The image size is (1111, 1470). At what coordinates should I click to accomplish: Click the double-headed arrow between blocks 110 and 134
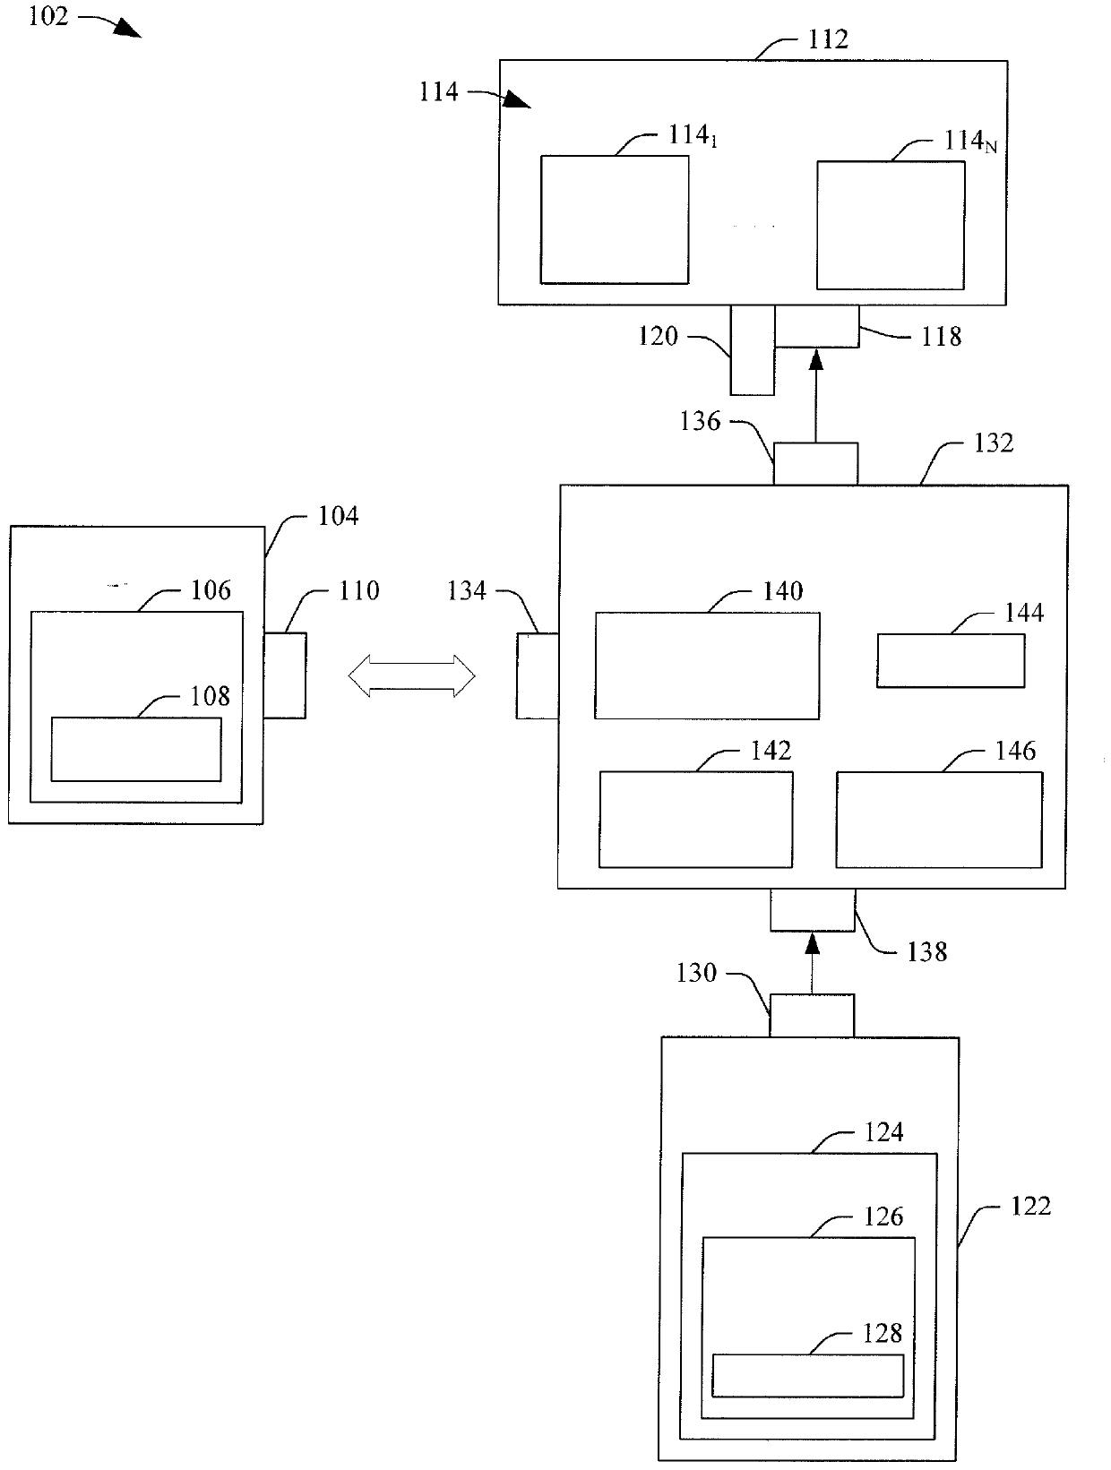pyautogui.click(x=411, y=675)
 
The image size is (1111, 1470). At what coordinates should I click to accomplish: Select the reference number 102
pyautogui.click(x=48, y=16)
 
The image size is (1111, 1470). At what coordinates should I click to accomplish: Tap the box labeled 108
pyautogui.click(x=136, y=749)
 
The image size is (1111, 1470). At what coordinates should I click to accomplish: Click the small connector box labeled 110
pyautogui.click(x=285, y=675)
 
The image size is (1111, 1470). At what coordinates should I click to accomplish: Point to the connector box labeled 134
pyautogui.click(x=537, y=675)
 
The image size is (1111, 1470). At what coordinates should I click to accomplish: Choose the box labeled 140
pyautogui.click(x=707, y=666)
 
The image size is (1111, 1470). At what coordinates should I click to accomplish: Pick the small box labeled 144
pyautogui.click(x=951, y=660)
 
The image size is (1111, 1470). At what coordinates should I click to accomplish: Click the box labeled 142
pyautogui.click(x=696, y=819)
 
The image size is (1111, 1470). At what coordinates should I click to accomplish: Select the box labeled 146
pyautogui.click(x=939, y=820)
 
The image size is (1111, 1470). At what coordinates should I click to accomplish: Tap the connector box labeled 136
pyautogui.click(x=815, y=463)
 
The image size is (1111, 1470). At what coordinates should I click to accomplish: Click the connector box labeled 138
pyautogui.click(x=813, y=909)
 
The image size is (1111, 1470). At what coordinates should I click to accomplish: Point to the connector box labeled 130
pyautogui.click(x=812, y=1015)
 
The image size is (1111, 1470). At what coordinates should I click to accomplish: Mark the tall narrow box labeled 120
pyautogui.click(x=752, y=349)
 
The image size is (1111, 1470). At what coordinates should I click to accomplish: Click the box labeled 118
pyautogui.click(x=816, y=326)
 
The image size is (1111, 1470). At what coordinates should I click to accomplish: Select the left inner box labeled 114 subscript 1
pyautogui.click(x=614, y=219)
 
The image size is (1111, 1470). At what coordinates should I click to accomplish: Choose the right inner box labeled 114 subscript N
pyautogui.click(x=890, y=225)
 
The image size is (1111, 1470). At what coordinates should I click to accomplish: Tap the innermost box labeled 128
pyautogui.click(x=807, y=1375)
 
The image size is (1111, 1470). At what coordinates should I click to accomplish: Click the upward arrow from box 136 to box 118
pyautogui.click(x=815, y=396)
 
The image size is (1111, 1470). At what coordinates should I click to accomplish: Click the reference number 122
pyautogui.click(x=1030, y=1206)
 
